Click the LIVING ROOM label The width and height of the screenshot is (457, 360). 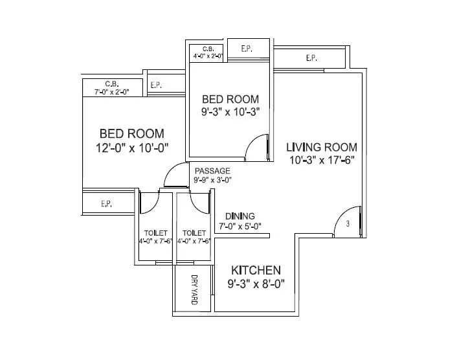point(322,148)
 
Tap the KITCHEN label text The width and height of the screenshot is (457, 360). point(256,270)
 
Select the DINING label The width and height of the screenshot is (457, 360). point(240,216)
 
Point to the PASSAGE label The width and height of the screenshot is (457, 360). point(212,171)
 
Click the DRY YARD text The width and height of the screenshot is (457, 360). point(194,289)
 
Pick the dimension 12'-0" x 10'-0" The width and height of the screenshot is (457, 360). point(131,148)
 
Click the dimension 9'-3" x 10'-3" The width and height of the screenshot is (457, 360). point(230,111)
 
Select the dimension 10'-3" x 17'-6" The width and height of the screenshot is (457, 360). point(322,160)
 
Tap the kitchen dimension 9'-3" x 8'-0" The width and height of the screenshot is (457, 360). point(256,283)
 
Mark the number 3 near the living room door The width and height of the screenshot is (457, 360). point(348,224)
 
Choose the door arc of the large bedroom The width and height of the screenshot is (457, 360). point(174,175)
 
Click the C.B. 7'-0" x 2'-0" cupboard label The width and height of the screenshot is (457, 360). point(111,87)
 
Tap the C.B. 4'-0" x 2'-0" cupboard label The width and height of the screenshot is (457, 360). point(208,52)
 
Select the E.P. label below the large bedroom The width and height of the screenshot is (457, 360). point(107,203)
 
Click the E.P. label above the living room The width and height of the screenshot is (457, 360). point(311,58)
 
